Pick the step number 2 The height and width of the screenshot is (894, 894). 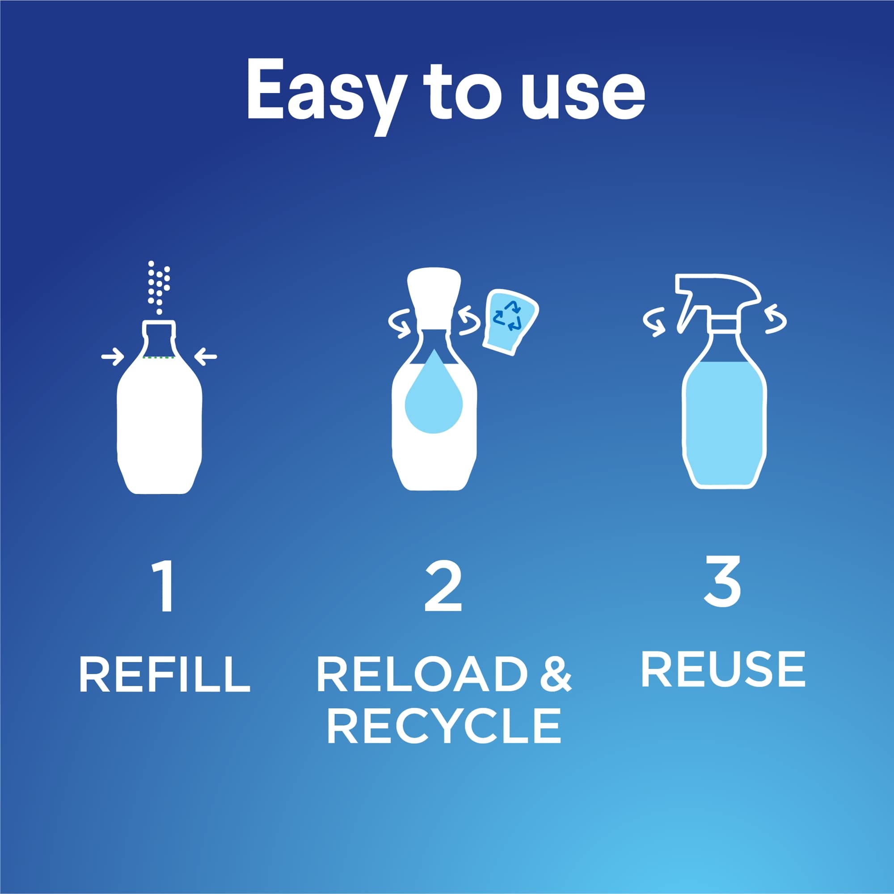(443, 587)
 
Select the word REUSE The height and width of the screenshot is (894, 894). (723, 669)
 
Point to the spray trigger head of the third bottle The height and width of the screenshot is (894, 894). (715, 296)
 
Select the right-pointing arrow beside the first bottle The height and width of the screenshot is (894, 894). (113, 357)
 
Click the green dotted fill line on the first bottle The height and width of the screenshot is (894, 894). (159, 358)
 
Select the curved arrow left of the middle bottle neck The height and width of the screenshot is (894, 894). (401, 322)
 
